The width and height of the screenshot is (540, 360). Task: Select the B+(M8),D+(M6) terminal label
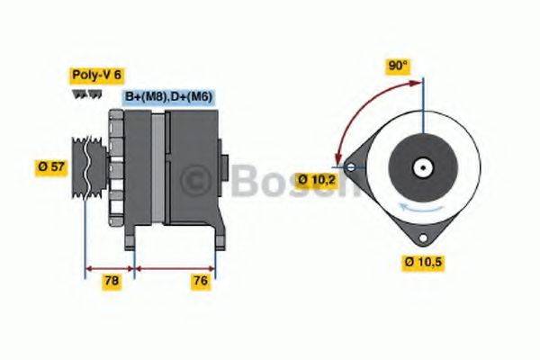coord(167,96)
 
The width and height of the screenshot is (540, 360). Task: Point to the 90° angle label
coord(397,66)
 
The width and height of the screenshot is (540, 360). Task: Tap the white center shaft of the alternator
coord(420,166)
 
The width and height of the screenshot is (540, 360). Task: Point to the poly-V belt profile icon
coord(87,94)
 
